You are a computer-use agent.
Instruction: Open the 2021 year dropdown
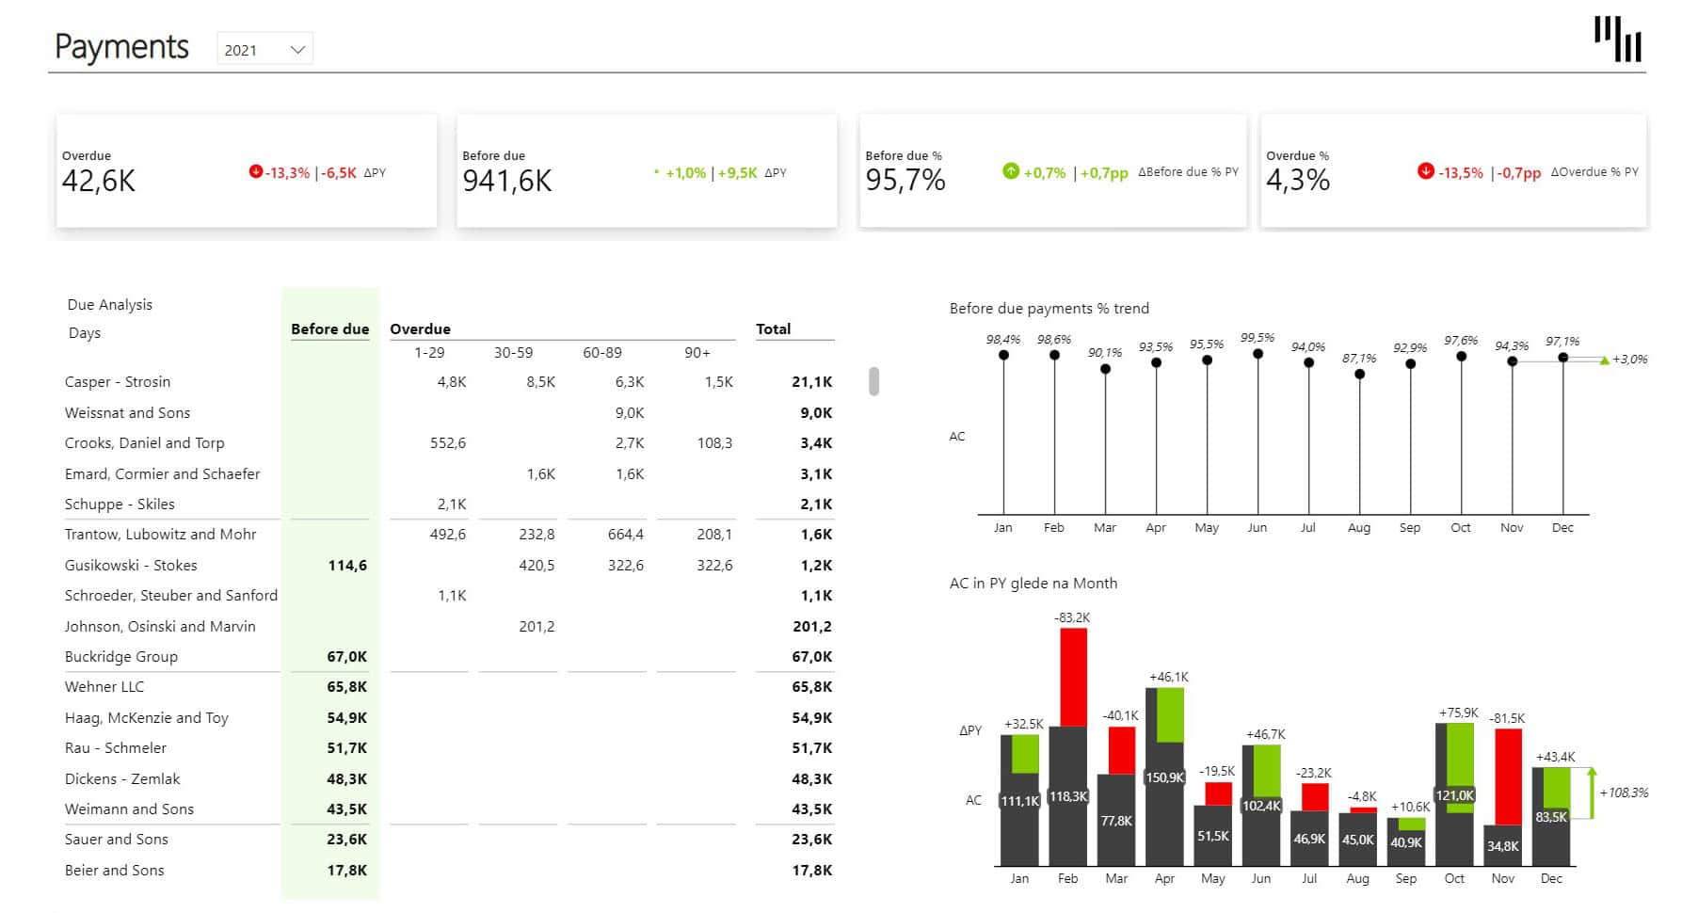(x=264, y=50)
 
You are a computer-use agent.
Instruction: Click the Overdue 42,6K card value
(x=99, y=181)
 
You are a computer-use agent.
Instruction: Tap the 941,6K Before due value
(x=506, y=181)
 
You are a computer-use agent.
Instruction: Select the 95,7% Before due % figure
(x=905, y=180)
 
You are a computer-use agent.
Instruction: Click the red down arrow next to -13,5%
(x=1425, y=171)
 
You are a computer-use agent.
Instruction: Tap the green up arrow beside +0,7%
(x=1011, y=171)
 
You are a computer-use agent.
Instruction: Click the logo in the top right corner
(x=1617, y=40)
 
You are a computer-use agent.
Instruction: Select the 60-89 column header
(x=602, y=353)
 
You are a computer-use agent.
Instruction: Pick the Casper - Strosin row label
(x=118, y=382)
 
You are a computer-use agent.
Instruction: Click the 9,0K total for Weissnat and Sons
(x=815, y=413)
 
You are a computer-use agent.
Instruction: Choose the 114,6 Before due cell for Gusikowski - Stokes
(x=347, y=566)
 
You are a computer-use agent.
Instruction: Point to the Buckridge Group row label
(x=120, y=657)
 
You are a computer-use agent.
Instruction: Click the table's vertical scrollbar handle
(x=873, y=381)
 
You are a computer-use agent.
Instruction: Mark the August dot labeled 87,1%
(x=1359, y=375)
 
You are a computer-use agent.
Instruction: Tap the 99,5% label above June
(x=1257, y=338)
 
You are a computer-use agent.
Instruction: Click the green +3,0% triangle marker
(x=1605, y=360)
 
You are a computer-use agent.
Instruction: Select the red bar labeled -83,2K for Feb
(x=1073, y=676)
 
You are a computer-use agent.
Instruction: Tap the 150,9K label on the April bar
(x=1164, y=777)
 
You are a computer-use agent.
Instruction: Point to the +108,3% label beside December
(x=1624, y=793)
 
